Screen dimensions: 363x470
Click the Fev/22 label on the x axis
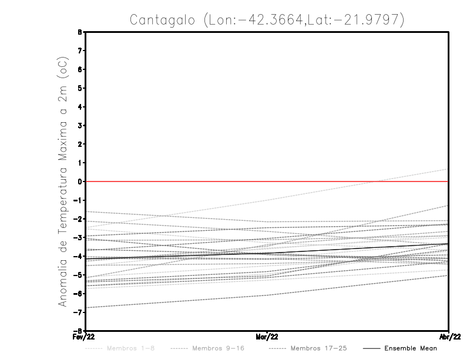pyautogui.click(x=85, y=337)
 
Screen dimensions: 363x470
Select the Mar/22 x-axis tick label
pyautogui.click(x=267, y=337)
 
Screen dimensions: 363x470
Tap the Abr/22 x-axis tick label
pyautogui.click(x=449, y=337)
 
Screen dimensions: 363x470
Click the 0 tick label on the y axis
pyautogui.click(x=80, y=181)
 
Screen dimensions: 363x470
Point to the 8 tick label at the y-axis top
pyautogui.click(x=80, y=32)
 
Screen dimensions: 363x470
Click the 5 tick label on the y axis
pyautogui.click(x=80, y=88)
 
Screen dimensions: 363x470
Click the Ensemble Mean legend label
pyautogui.click(x=411, y=348)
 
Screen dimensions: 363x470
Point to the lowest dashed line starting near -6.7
pyautogui.click(x=176, y=301)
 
